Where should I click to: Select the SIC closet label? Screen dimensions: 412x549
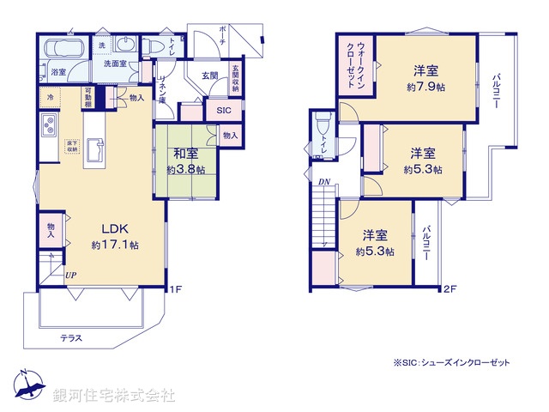tap(223, 111)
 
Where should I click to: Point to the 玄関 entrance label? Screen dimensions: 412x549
tap(210, 76)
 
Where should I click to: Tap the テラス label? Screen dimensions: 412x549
tap(71, 337)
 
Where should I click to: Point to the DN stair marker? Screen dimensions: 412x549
tap(324, 182)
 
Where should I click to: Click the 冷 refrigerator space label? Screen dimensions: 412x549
tap(51, 97)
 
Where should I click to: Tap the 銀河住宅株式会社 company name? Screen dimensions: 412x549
tap(113, 396)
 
